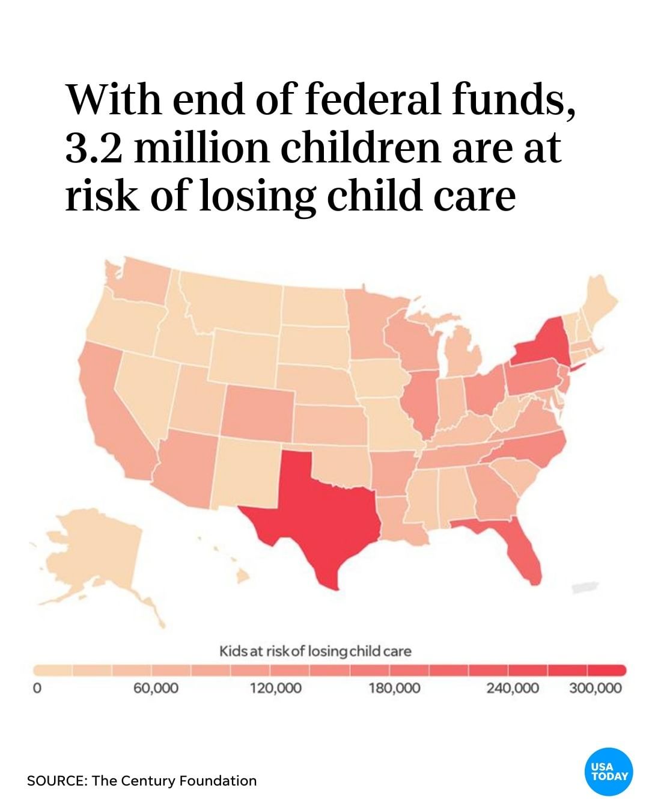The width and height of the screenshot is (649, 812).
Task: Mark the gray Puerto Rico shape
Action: pyautogui.click(x=585, y=588)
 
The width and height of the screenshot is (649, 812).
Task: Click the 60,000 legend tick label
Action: pyautogui.click(x=156, y=688)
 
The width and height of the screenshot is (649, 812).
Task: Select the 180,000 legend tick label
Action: pyautogui.click(x=394, y=688)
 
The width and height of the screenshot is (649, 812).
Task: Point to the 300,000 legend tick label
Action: pyautogui.click(x=595, y=688)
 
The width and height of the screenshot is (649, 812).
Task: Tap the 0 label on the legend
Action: pyautogui.click(x=37, y=688)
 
